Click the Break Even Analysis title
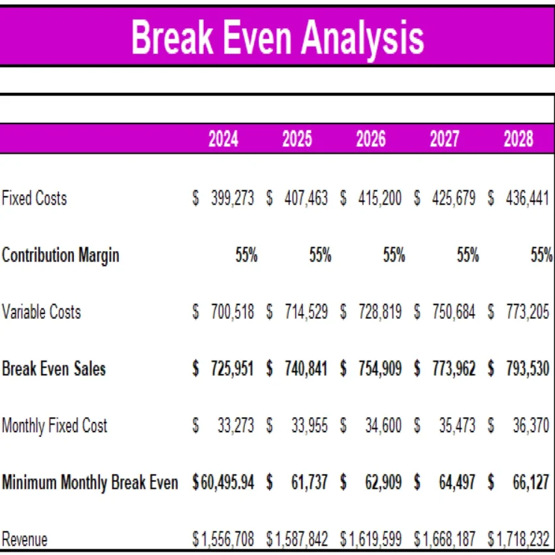[x=277, y=37]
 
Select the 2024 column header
[x=223, y=139]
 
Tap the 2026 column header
[x=371, y=139]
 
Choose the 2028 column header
[x=518, y=139]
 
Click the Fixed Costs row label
[x=34, y=198]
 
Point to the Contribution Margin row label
[x=61, y=255]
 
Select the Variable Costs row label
[x=41, y=311]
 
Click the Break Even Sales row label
[x=54, y=368]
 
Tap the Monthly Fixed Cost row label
[x=54, y=426]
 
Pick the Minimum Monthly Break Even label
[x=89, y=483]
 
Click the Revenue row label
[x=25, y=539]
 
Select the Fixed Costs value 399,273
[x=232, y=198]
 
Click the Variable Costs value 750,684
[x=454, y=311]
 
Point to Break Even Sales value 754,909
[x=380, y=368]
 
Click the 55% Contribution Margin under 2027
[x=468, y=255]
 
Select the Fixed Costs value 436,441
[x=528, y=198]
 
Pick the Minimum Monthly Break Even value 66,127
[x=531, y=483]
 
